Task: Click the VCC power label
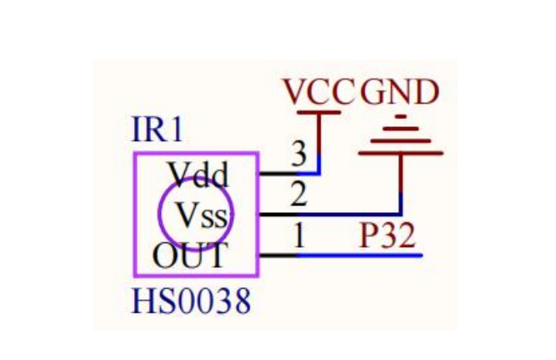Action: click(x=317, y=93)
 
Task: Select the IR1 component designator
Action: click(x=158, y=130)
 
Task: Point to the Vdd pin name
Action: click(x=199, y=176)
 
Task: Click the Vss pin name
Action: click(x=203, y=214)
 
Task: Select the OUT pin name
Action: click(x=190, y=255)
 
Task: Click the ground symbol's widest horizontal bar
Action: click(x=401, y=153)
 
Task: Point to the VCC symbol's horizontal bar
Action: click(x=318, y=112)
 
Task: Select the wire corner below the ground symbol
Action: click(x=401, y=214)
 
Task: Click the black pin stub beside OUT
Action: click(x=277, y=255)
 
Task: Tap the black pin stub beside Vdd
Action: click(x=277, y=173)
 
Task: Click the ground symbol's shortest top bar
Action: click(x=400, y=118)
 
